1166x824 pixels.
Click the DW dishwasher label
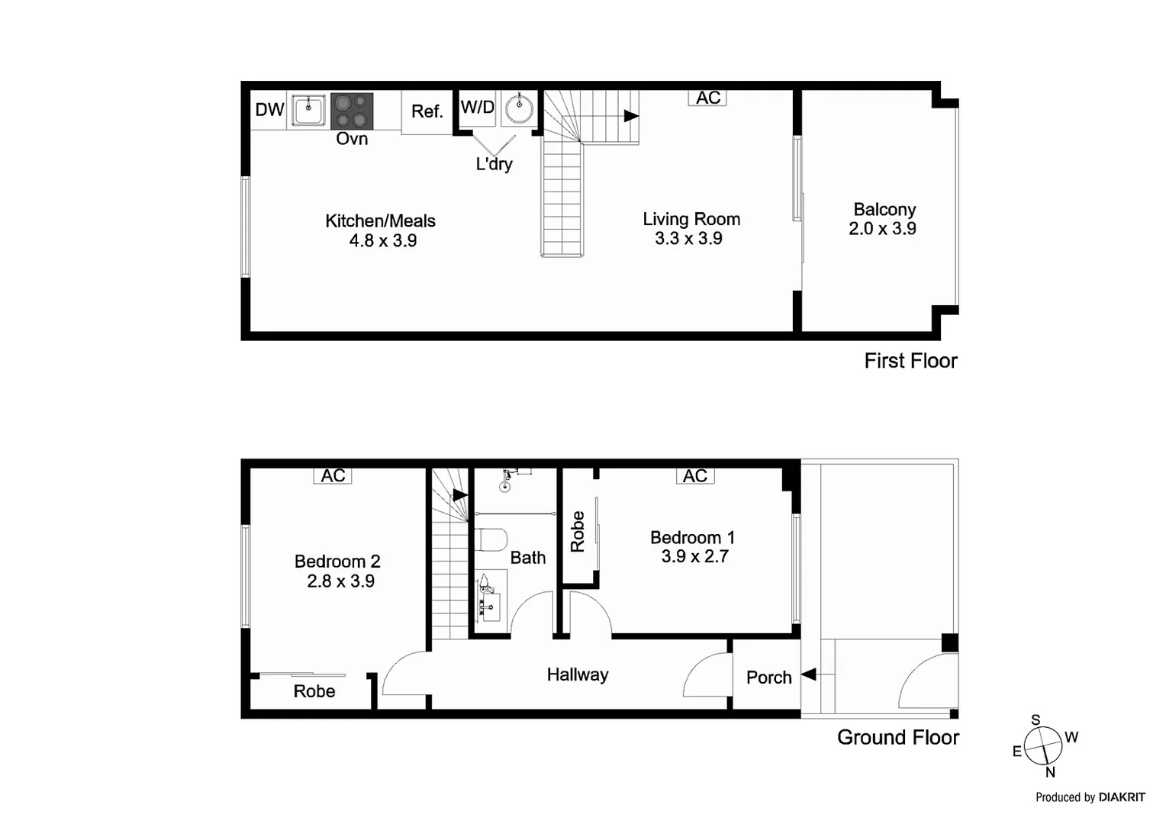(269, 110)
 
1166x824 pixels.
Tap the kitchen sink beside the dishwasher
(309, 110)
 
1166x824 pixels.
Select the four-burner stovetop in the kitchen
(352, 111)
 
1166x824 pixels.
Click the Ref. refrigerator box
(427, 112)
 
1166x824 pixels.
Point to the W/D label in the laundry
(478, 108)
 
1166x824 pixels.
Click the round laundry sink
(520, 108)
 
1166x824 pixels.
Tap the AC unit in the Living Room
(707, 98)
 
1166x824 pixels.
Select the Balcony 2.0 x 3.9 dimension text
(882, 229)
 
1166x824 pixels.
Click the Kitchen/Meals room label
(380, 221)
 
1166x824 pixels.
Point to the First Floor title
(910, 361)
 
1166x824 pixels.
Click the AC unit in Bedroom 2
(333, 475)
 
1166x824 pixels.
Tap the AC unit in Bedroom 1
(694, 476)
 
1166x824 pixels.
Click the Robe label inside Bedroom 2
(314, 691)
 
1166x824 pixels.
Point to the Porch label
(768, 678)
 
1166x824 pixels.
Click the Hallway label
(578, 674)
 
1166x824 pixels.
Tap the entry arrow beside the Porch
(808, 674)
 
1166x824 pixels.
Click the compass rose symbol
(1043, 745)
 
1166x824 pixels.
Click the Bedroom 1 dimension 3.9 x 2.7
(694, 557)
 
